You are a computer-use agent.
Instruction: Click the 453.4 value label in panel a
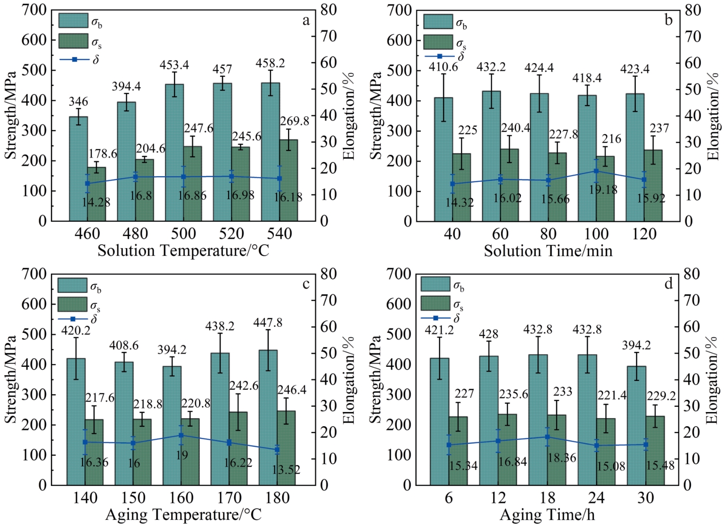coord(174,65)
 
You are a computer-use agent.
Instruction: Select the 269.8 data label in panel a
coord(295,121)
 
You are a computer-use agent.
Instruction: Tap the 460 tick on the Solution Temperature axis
coord(87,234)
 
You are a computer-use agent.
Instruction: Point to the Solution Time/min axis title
coord(548,251)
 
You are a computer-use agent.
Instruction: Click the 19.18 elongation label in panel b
coord(603,190)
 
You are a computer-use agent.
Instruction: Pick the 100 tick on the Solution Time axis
coord(596,234)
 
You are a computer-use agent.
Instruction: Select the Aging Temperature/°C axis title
coord(183,515)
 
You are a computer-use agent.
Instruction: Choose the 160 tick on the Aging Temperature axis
coord(181,498)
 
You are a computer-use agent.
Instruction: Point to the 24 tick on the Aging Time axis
coord(596,498)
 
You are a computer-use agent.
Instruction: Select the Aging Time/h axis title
coord(547,515)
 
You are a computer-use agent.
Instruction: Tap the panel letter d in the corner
coord(668,283)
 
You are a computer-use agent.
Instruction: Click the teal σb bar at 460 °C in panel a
coord(79,169)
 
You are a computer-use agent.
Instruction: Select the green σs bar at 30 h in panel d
coord(655,451)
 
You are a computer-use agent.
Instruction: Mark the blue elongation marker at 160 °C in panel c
coord(181,435)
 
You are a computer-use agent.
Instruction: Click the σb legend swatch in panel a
coord(74,20)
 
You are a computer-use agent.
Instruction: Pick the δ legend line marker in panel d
coord(436,318)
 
